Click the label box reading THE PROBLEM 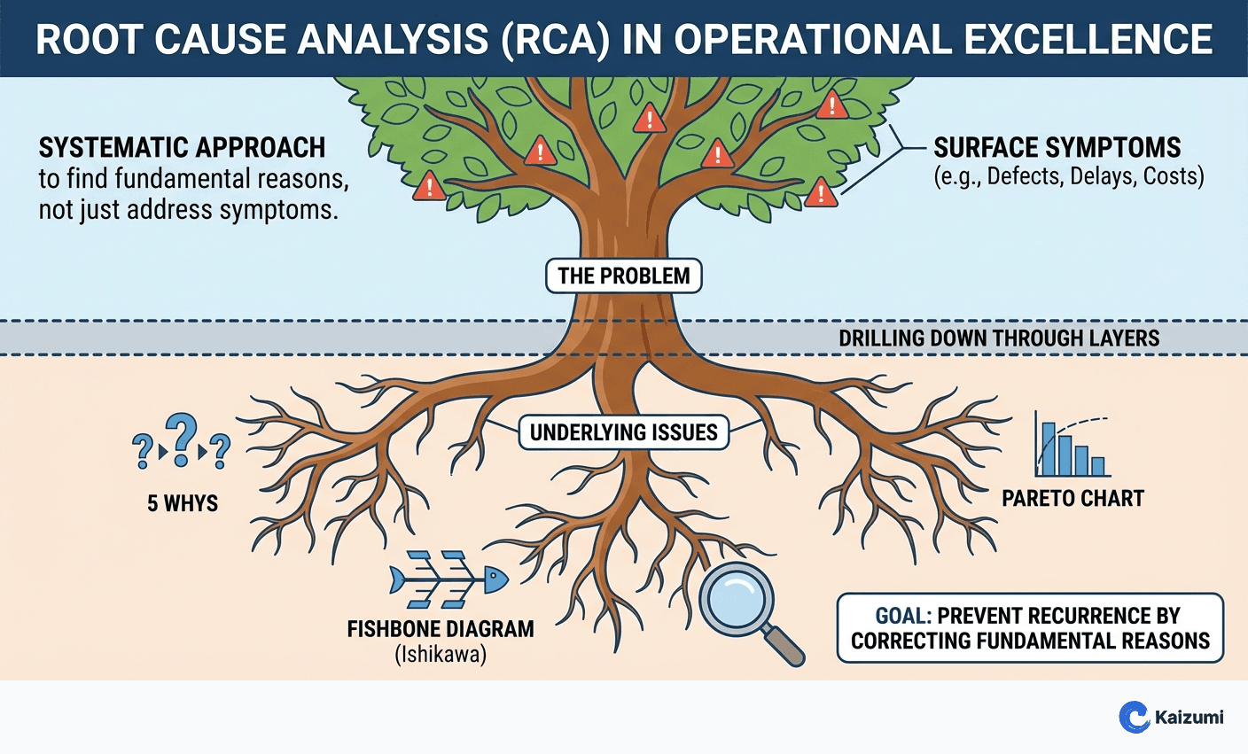623,276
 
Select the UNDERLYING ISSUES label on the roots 623,432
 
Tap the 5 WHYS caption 183,503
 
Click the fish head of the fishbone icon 495,580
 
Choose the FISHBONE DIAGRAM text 441,629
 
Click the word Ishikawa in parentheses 441,656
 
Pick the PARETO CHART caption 1072,498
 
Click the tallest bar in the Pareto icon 1049,449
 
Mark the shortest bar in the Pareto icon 1097,466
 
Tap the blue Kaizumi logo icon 1134,717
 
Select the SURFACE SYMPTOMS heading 1057,147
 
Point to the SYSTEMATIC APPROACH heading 182,147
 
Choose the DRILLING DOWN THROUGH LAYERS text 999,338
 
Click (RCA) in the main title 555,40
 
